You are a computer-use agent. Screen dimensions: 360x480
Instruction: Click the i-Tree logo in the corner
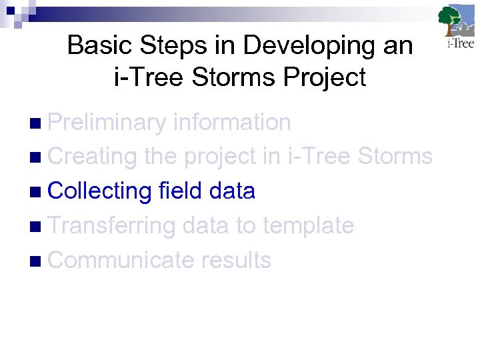tap(457, 27)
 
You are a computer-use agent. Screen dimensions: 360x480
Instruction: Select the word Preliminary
tap(107, 122)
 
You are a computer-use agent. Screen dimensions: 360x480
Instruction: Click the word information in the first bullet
tap(231, 122)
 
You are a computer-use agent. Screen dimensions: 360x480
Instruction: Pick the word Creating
tap(93, 157)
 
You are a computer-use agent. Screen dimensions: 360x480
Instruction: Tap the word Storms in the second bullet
tap(395, 157)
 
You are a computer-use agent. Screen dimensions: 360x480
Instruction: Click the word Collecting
tap(100, 191)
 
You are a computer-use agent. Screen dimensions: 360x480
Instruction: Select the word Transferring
tap(111, 226)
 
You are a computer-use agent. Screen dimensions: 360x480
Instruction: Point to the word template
tap(308, 226)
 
